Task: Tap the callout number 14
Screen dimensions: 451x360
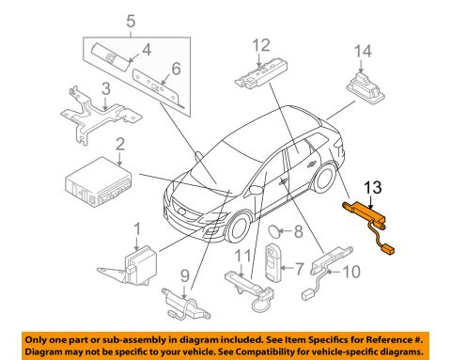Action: [363, 52]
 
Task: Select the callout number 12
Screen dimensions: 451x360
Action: [261, 45]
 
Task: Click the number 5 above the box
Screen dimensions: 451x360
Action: [131, 22]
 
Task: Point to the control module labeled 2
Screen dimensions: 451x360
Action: [99, 182]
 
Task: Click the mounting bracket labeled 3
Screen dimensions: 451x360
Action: [100, 116]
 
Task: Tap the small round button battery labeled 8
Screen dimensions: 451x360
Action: [273, 231]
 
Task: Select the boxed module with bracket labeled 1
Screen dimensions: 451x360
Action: [131, 266]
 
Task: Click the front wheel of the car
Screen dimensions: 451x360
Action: [240, 227]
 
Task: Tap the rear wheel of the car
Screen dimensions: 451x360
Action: [325, 179]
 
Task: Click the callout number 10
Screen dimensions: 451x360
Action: [351, 272]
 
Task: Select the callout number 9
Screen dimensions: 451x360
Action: [185, 276]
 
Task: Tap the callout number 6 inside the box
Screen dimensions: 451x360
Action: [177, 69]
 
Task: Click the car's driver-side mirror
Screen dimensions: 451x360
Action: [256, 190]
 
